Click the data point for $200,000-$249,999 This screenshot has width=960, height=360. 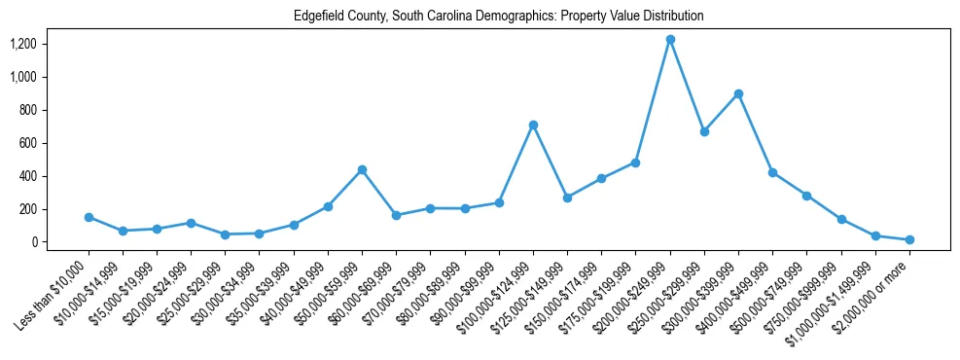click(x=670, y=40)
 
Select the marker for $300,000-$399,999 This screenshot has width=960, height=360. click(x=738, y=94)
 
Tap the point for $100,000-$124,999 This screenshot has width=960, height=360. click(x=533, y=126)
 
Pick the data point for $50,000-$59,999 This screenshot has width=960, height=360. click(x=362, y=170)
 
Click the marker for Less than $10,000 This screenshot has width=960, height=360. click(x=89, y=218)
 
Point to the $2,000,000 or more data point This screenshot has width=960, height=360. click(x=909, y=239)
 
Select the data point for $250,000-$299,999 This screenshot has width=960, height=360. click(x=704, y=131)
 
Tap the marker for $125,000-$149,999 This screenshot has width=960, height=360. click(x=567, y=198)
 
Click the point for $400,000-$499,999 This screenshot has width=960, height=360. click(x=772, y=173)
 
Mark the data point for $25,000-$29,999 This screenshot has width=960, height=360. click(x=226, y=234)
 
